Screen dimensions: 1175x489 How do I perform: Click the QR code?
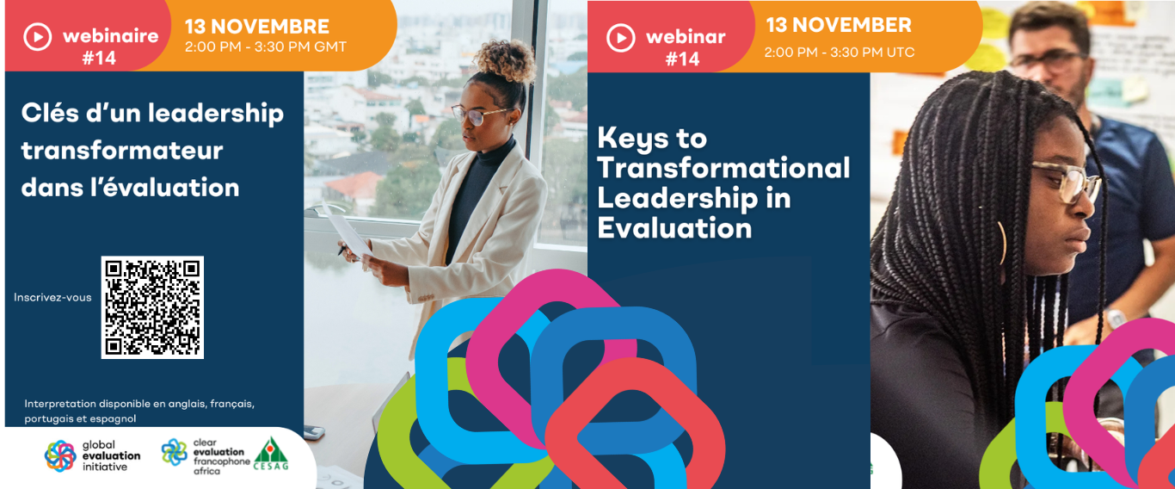152,307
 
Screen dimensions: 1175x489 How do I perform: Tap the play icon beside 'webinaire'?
38,37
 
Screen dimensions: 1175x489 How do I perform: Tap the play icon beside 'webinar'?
621,38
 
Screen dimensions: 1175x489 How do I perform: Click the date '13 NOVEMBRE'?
257,27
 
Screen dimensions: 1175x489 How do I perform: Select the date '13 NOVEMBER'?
839,25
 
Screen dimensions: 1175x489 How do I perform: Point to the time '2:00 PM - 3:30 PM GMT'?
266,46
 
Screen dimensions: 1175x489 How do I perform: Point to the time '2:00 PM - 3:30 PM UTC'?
840,53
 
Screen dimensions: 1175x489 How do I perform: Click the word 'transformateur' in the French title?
122,150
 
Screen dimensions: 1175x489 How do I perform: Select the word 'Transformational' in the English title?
724,168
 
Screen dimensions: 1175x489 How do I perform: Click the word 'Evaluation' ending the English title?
674,228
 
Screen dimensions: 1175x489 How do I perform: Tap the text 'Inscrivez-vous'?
52,297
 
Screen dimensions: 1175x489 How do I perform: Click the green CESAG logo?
271,454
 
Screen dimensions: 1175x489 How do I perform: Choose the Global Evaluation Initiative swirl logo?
60,455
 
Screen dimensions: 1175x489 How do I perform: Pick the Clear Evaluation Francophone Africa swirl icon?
174,452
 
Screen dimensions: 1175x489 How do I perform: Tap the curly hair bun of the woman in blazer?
505,60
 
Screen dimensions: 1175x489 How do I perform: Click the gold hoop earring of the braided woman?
1001,242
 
